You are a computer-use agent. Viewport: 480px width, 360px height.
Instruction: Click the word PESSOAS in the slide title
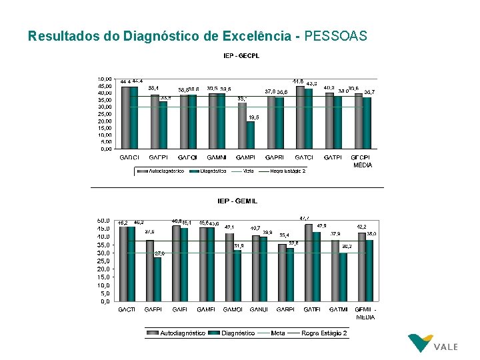coord(335,36)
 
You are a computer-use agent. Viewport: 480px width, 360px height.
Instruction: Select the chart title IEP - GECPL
coord(240,56)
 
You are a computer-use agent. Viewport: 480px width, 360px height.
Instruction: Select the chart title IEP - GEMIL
coord(237,201)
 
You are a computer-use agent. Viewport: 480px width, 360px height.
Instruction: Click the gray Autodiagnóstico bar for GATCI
coord(300,117)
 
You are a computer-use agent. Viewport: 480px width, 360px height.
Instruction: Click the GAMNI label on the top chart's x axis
coord(217,157)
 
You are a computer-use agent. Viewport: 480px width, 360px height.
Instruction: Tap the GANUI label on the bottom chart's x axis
coord(260,310)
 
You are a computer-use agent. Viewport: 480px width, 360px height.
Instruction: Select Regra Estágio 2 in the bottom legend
coord(324,333)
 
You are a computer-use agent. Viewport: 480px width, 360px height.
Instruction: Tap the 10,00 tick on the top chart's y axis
coord(105,135)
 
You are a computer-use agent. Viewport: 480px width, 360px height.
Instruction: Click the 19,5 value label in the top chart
coord(253,117)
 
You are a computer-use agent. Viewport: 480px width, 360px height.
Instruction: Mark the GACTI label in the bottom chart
coord(127,310)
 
